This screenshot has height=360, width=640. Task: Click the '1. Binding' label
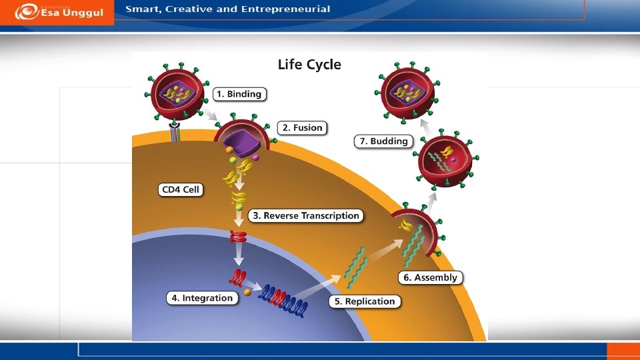point(239,94)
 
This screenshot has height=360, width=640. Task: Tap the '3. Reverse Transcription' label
point(306,215)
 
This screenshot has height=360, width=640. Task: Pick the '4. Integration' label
point(202,298)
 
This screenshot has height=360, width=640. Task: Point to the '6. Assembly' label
point(431,277)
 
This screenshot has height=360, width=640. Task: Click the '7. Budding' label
point(383,141)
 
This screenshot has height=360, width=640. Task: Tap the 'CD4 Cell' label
point(181,189)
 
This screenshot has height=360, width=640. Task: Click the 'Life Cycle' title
point(309,65)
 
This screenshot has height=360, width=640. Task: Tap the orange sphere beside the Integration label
point(247,291)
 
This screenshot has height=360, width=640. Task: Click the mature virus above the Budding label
point(407,91)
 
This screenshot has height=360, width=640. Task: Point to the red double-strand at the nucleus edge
point(238,236)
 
